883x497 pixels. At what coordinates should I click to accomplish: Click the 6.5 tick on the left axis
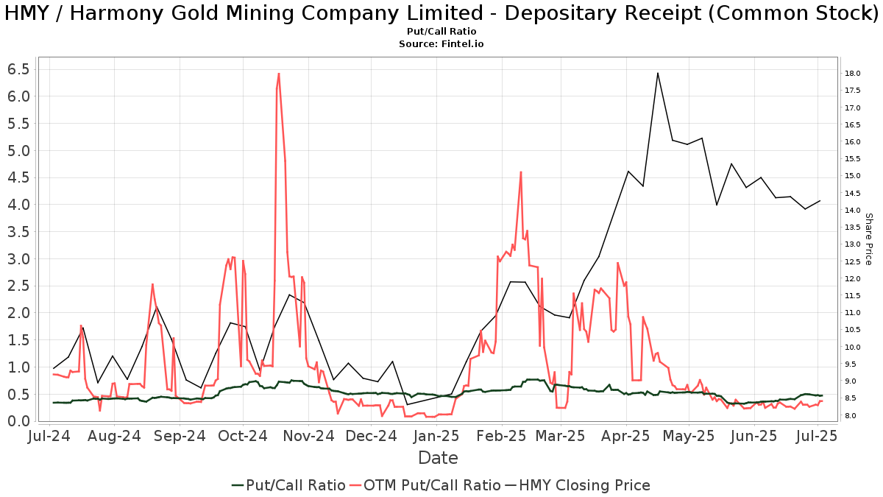click(18, 69)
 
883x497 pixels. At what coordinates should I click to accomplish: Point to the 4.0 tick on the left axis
click(18, 205)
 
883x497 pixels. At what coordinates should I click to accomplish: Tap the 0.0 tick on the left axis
click(18, 421)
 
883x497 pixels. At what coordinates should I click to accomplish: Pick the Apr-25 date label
click(625, 436)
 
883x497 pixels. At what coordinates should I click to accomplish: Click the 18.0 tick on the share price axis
click(854, 74)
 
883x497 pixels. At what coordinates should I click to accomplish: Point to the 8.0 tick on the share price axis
click(854, 416)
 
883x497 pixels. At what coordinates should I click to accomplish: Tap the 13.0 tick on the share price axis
click(854, 244)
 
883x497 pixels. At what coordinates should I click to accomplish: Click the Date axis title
click(438, 458)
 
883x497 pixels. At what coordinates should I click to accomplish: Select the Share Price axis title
click(868, 239)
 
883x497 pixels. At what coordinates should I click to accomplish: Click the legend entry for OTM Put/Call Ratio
click(425, 485)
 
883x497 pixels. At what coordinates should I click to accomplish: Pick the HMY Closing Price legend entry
click(577, 485)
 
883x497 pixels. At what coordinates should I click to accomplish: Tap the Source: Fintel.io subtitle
click(441, 43)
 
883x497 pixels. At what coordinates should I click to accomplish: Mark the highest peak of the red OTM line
click(279, 74)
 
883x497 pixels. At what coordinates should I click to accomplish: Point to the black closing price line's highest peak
click(657, 73)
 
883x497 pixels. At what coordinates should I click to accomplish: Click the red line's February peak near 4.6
click(520, 172)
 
